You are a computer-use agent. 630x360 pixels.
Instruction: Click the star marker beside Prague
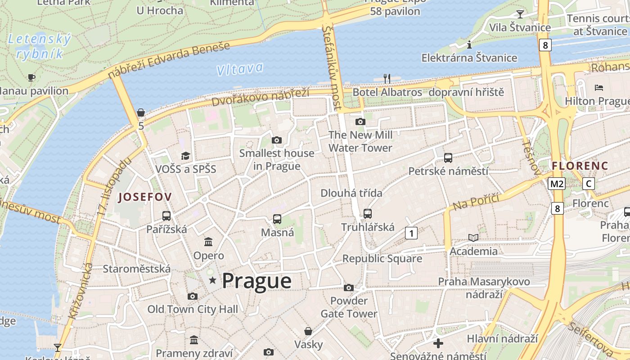point(212,281)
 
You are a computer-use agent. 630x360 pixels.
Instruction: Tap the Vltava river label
point(239,69)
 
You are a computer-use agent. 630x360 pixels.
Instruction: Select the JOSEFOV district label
point(145,197)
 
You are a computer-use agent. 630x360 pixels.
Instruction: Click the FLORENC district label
point(580,166)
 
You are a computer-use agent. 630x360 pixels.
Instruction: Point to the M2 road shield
point(557,184)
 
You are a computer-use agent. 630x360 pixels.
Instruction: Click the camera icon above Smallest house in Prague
point(277,140)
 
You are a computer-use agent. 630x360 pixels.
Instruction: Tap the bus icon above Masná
point(277,219)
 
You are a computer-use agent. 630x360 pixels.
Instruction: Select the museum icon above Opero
point(208,242)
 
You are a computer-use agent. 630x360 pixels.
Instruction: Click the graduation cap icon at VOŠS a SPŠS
point(185,156)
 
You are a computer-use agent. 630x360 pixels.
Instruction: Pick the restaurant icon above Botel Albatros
point(387,78)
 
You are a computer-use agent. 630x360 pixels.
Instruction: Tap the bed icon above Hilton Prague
point(599,87)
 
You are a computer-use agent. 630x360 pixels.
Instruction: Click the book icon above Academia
point(473,238)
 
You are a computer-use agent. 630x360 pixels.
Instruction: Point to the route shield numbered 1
point(411,233)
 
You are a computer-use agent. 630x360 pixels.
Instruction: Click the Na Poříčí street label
point(477,202)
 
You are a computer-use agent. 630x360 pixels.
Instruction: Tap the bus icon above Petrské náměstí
point(448,158)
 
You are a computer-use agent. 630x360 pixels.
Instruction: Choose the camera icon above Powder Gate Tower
point(349,288)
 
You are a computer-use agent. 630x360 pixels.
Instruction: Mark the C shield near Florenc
point(588,184)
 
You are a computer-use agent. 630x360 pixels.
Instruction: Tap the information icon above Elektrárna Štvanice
point(469,45)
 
